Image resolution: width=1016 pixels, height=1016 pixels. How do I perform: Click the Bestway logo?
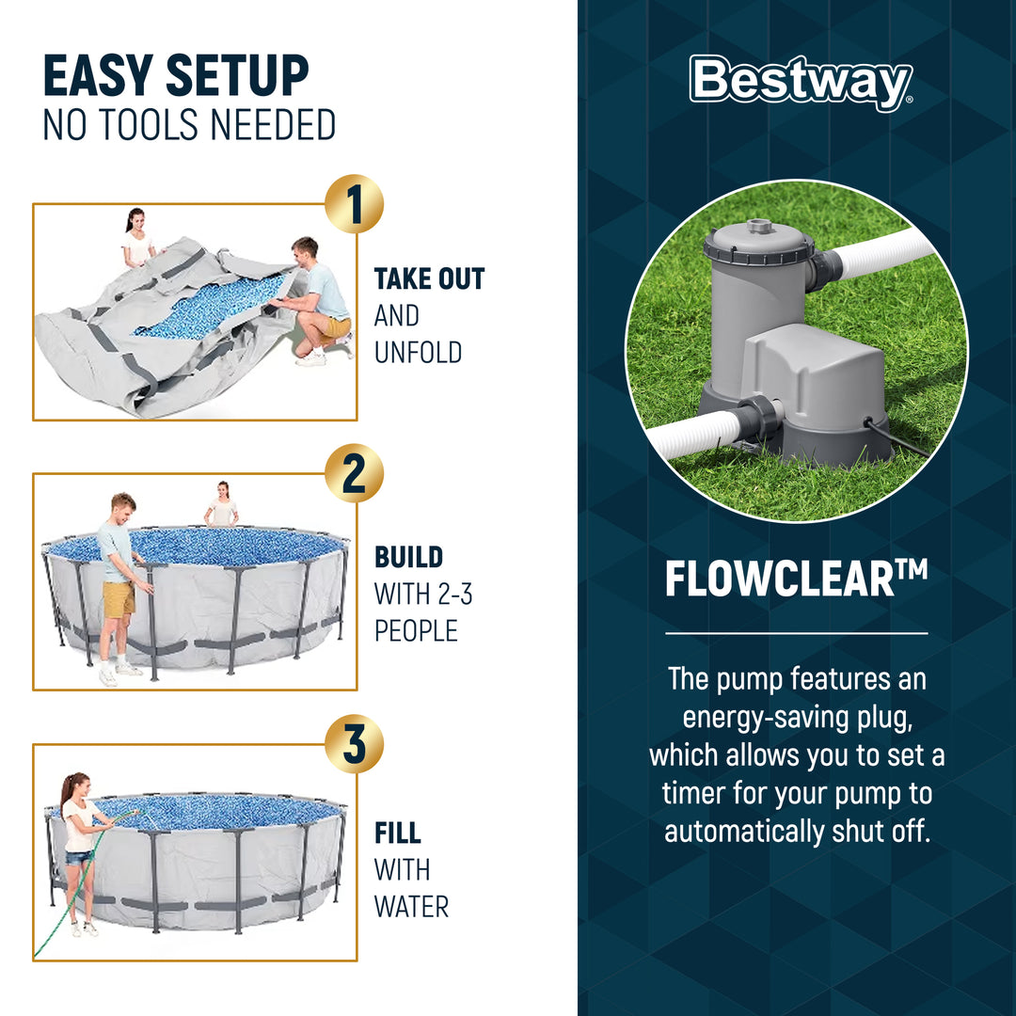(x=801, y=83)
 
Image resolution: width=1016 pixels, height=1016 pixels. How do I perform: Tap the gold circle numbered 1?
(x=354, y=204)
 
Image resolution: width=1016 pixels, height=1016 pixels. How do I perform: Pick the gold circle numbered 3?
(x=354, y=744)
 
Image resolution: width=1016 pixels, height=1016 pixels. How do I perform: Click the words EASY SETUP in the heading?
(x=176, y=77)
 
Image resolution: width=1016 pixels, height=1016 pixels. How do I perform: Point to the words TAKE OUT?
(x=429, y=279)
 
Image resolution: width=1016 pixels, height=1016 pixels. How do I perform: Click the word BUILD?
(x=409, y=557)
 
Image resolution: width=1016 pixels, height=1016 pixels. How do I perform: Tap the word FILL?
(x=398, y=833)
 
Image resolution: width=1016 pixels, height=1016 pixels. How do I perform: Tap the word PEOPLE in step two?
(x=416, y=630)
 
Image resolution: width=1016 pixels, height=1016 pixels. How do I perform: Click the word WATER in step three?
(x=411, y=907)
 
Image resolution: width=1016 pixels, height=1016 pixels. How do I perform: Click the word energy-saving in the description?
(x=796, y=716)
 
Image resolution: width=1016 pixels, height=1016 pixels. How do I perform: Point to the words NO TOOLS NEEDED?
(x=189, y=125)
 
